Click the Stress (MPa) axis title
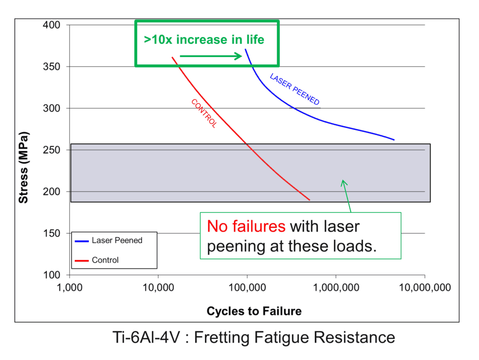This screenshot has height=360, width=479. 23,168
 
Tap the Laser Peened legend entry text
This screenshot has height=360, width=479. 117,240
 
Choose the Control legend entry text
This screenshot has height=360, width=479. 105,260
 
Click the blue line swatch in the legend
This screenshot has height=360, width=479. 81,241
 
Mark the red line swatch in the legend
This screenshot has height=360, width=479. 81,260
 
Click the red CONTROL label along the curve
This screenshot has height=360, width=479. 204,113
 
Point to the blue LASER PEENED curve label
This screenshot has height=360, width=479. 295,89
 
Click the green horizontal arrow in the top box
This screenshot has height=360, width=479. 210,56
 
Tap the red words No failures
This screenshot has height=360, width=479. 246,227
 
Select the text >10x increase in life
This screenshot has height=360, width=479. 204,40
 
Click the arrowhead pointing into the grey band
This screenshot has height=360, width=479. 343,183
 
